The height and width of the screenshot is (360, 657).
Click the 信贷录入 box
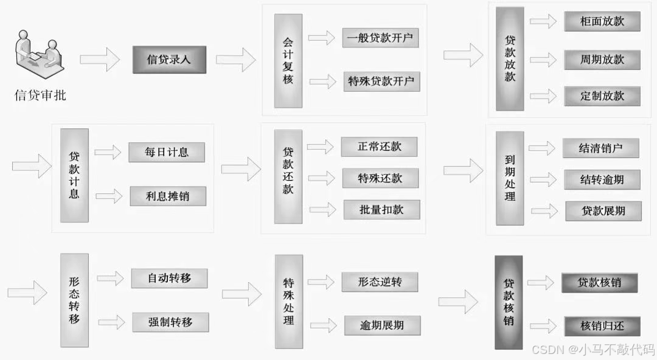pos(169,60)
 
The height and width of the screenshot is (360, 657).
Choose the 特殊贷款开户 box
pos(381,81)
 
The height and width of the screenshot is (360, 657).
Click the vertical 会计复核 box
pos(288,61)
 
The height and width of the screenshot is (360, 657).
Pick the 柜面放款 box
pos(602,22)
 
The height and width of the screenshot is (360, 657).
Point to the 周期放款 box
pos(602,60)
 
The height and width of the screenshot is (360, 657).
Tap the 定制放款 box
pos(602,96)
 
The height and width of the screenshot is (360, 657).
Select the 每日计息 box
pos(167,152)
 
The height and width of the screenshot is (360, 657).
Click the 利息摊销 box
pos(167,196)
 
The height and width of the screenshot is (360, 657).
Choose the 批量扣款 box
pos(381,210)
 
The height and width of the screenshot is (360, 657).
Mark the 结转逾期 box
pos(602,179)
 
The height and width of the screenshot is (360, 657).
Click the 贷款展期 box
pos(603,211)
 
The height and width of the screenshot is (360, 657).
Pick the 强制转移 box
pos(170,322)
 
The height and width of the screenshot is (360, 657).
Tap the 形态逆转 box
pos(380,282)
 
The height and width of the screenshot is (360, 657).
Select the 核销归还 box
pos(602,325)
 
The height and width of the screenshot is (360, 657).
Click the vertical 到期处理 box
pos(510,178)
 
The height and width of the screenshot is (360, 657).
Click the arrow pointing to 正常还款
pos(321,147)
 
